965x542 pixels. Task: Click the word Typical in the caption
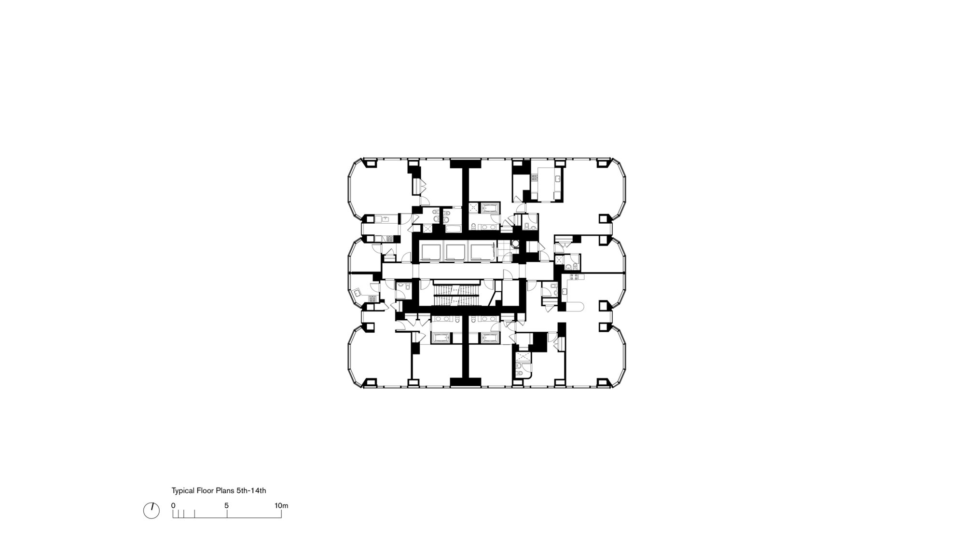[183, 491]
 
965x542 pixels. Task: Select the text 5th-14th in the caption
[251, 491]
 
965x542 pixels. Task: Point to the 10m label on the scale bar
[281, 506]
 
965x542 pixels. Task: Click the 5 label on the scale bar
[226, 506]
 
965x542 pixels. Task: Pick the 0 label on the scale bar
[173, 506]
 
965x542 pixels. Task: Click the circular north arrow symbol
[152, 511]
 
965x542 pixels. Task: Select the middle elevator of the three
[456, 252]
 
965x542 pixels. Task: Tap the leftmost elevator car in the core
[431, 252]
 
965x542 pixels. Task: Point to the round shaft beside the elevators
[515, 244]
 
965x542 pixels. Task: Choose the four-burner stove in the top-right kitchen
[535, 177]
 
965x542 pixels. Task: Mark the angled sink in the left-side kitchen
[357, 292]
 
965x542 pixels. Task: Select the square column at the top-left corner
[371, 164]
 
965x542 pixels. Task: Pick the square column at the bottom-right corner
[603, 382]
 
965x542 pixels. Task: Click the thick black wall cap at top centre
[466, 164]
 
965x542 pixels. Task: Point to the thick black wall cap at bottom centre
[466, 382]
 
